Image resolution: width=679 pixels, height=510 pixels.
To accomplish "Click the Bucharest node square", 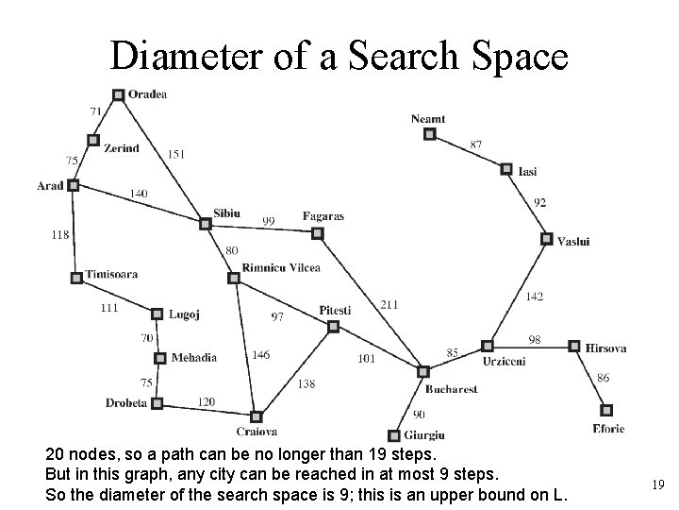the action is [423, 371].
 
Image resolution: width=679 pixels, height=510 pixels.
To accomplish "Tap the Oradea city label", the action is [148, 93].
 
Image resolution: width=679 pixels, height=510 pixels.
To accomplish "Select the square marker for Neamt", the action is [429, 135].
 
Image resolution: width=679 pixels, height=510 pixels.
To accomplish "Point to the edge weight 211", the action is [389, 305].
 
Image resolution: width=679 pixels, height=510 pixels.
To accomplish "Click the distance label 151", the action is [176, 154].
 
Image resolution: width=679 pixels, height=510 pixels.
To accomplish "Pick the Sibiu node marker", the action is [205, 224].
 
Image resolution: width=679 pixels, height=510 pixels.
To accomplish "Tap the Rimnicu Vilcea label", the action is [281, 267].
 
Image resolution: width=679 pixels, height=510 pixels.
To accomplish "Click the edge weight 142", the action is [534, 297].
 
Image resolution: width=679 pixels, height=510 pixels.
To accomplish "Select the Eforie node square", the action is [606, 410].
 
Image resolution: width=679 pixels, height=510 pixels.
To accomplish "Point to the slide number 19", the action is [658, 484].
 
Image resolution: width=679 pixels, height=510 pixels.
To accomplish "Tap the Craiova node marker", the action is [256, 416].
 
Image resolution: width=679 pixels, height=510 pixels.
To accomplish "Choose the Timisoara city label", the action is [111, 275].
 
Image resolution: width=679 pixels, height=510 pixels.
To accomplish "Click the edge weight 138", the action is [306, 384].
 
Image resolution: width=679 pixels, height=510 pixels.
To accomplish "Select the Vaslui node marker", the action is [546, 239].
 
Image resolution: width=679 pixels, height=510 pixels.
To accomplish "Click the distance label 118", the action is [60, 234].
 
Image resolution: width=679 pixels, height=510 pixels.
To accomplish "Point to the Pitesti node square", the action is [332, 326].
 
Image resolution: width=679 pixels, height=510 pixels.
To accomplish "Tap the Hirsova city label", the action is [605, 348].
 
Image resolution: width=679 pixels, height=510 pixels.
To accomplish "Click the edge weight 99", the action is [269, 221].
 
